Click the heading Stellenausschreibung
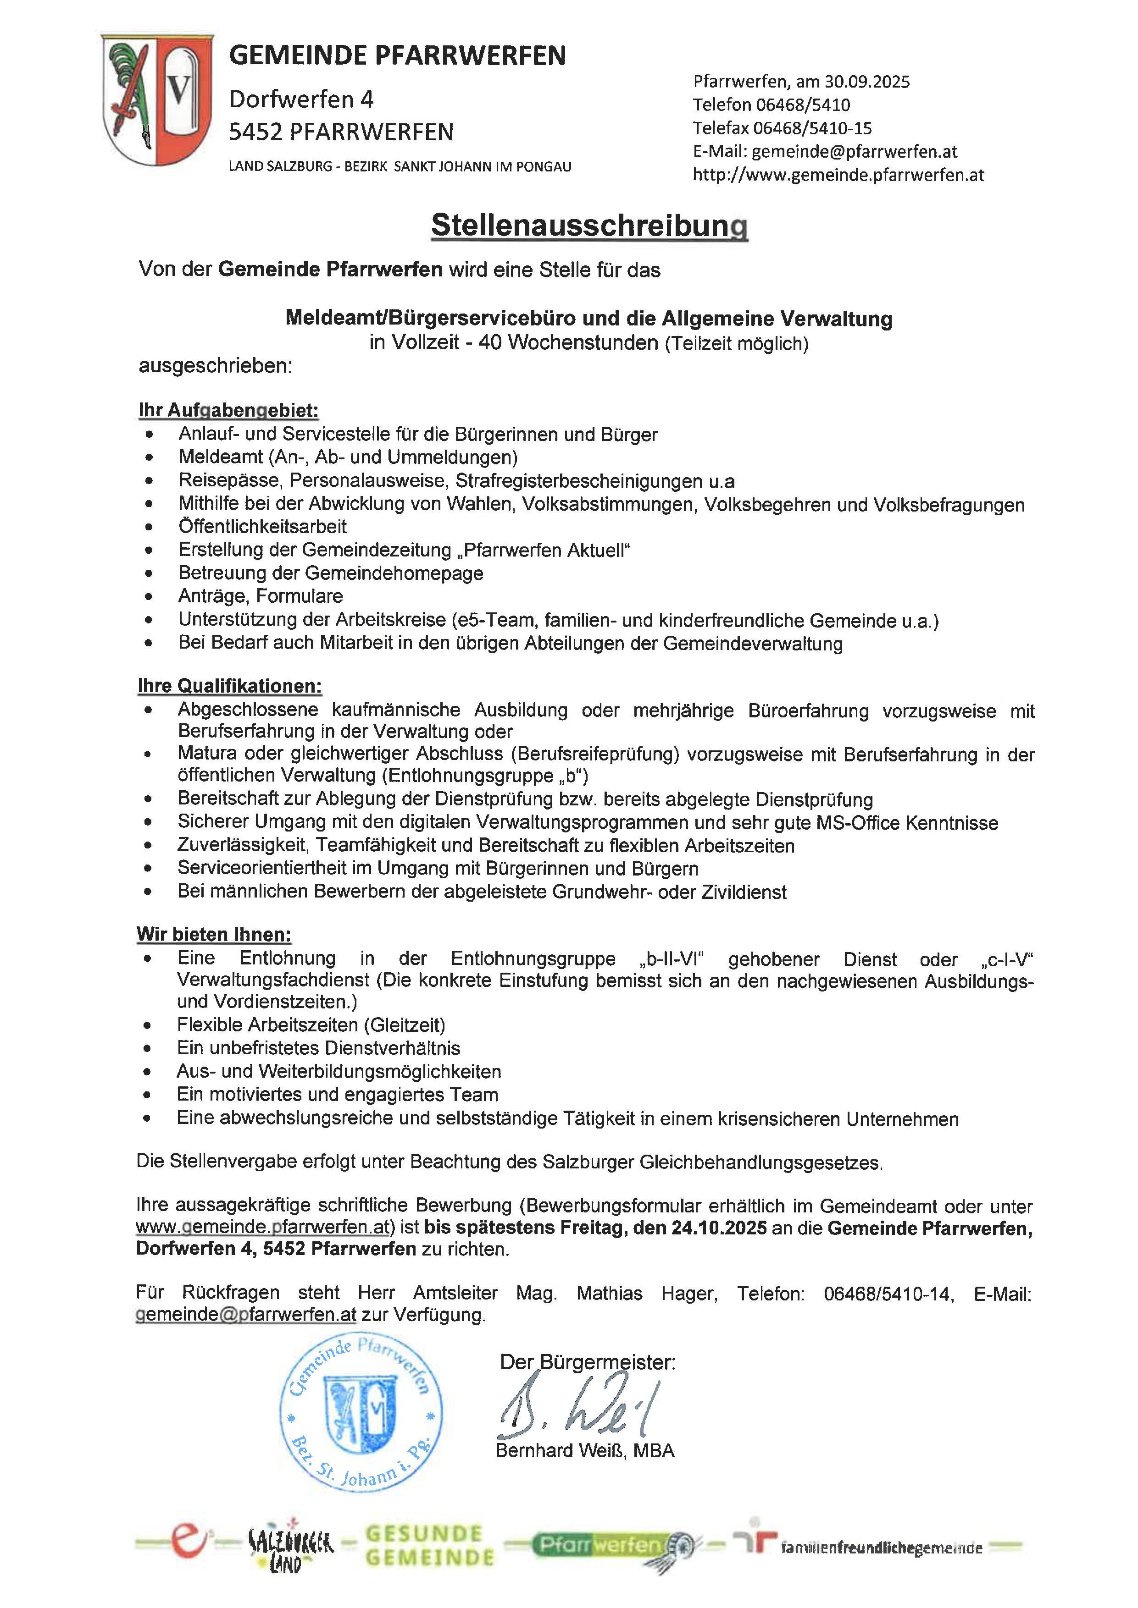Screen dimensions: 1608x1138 [589, 226]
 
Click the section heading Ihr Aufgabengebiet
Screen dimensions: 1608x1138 [228, 410]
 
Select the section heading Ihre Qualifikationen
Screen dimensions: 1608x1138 [230, 686]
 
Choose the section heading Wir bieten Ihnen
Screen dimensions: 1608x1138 [214, 934]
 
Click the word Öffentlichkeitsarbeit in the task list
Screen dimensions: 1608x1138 [263, 527]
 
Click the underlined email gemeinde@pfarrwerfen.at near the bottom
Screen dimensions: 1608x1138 [246, 1315]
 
